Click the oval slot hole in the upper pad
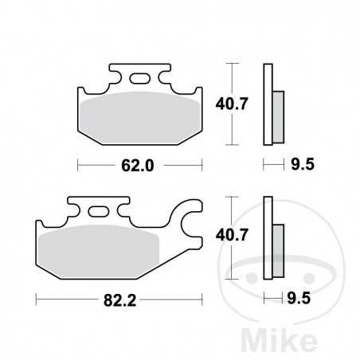[x=141, y=78]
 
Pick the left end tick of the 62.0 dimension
[x=77, y=166]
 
